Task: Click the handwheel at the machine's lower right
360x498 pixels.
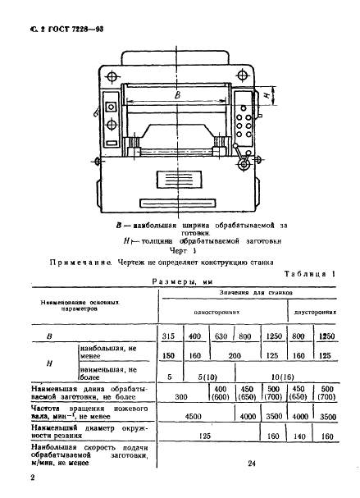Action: (x=244, y=166)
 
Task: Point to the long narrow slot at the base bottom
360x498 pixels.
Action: (x=175, y=203)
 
